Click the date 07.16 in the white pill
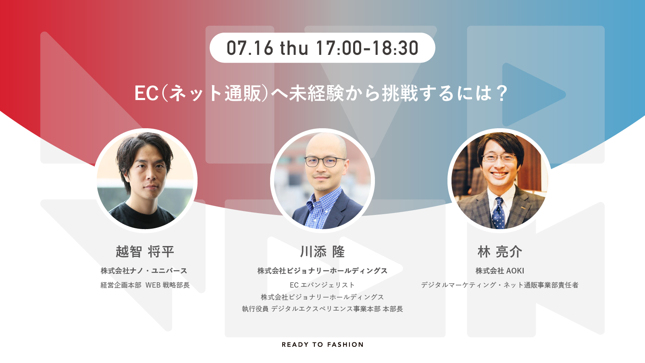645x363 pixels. [x=250, y=48]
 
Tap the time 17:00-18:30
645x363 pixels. [x=367, y=48]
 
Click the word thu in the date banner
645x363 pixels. [x=294, y=48]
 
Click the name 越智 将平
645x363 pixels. [x=145, y=252]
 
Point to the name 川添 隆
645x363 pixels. [x=322, y=252]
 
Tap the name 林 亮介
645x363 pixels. [x=500, y=252]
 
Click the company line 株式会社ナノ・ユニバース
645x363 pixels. [x=144, y=271]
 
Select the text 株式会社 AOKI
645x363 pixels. [x=500, y=271]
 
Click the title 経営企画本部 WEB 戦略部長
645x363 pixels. [x=145, y=285]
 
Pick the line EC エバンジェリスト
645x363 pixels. [x=322, y=285]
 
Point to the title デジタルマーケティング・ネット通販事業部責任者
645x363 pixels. [x=500, y=285]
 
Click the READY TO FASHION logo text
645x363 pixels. [x=322, y=344]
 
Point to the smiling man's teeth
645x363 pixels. [x=499, y=175]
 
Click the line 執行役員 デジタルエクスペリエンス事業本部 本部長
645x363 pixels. [x=322, y=309]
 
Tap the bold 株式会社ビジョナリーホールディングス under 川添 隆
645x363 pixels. [x=322, y=271]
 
